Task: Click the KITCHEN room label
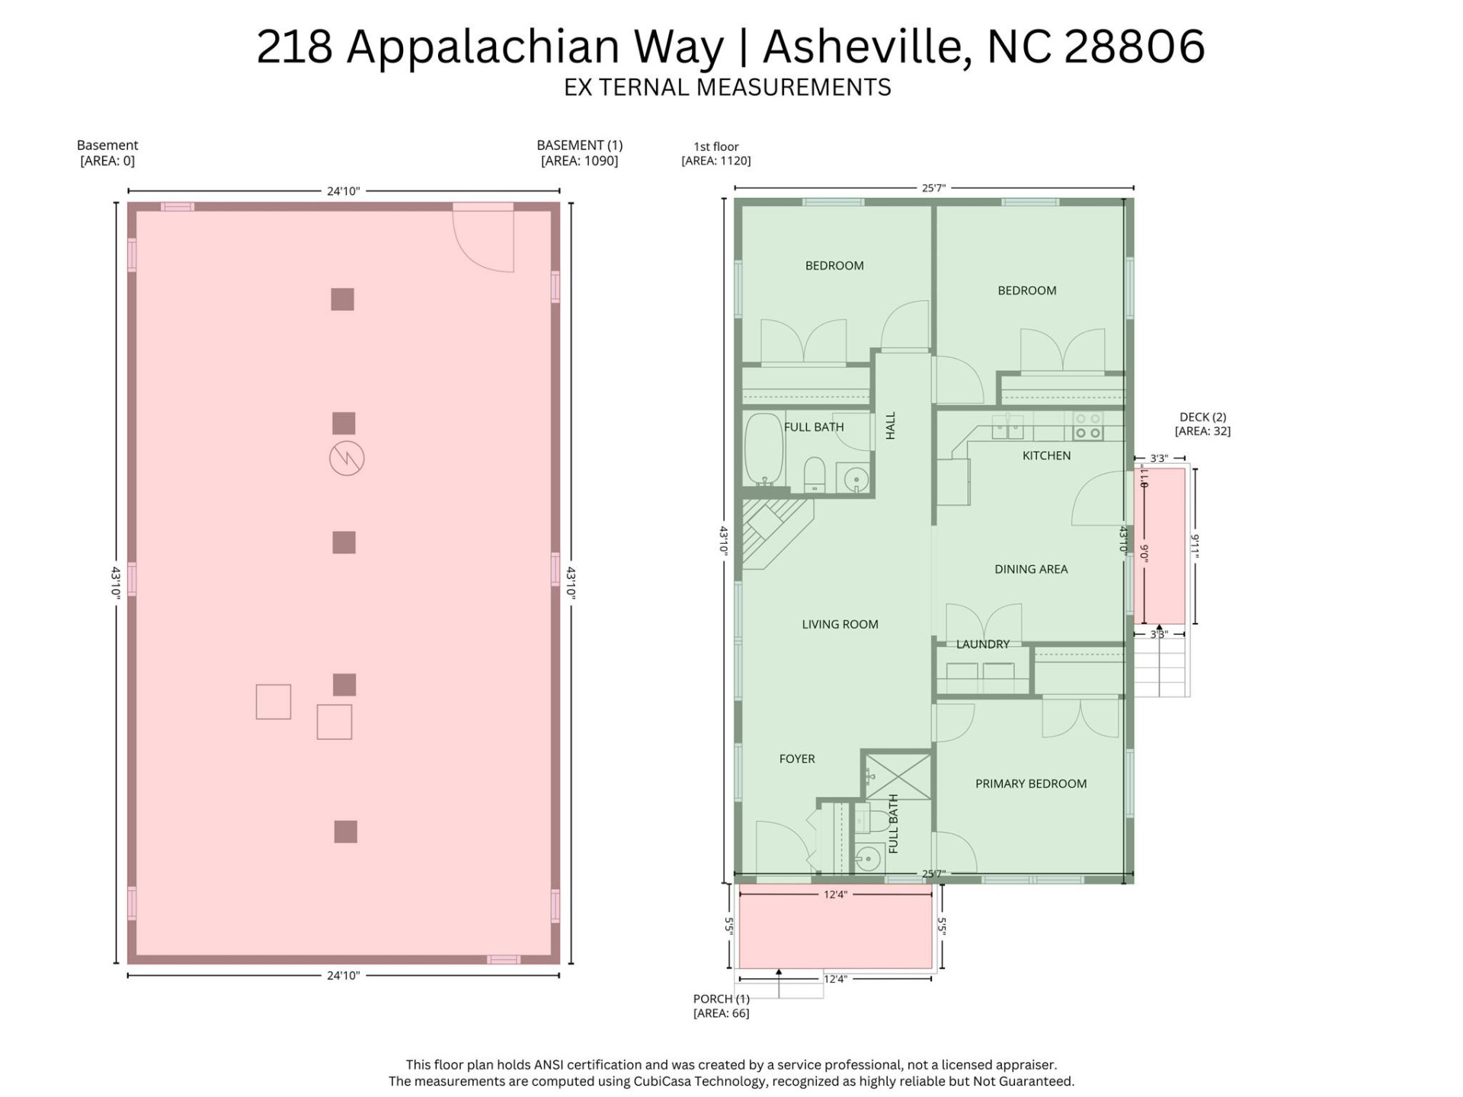coord(1046,456)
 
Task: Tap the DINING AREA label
coord(1030,569)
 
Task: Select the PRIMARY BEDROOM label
coord(1030,783)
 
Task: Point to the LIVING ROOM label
coord(840,624)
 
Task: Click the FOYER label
coord(797,759)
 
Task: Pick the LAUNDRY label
coord(982,644)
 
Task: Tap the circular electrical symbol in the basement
coord(347,459)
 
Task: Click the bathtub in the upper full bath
coord(764,449)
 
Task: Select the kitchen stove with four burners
coord(1087,427)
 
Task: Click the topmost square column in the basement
coord(342,299)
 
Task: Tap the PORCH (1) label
coord(721,999)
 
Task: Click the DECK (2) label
coord(1202,417)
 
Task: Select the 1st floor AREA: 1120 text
coord(715,161)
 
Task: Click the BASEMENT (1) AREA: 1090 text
coord(579,161)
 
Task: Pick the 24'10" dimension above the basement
coord(343,191)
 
